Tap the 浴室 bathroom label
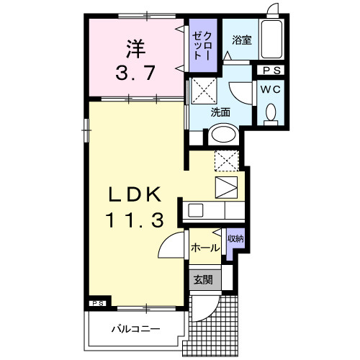[241, 42]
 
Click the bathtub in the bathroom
[271, 40]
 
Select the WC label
[271, 90]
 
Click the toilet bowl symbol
[271, 114]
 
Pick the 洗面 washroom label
[220, 112]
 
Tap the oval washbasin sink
[222, 136]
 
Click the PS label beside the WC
[272, 71]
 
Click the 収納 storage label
[235, 238]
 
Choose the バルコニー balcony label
[135, 329]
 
